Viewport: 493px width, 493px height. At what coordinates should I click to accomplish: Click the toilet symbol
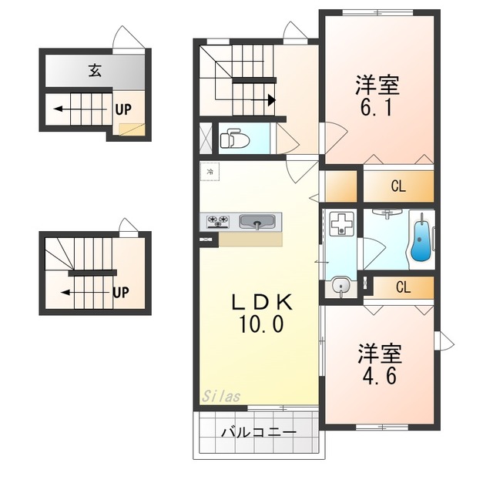[234, 139]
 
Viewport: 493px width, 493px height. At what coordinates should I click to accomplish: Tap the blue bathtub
[421, 241]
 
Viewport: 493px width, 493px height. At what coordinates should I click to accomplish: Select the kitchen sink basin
[257, 222]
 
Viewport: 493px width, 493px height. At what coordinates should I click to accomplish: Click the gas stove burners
[217, 221]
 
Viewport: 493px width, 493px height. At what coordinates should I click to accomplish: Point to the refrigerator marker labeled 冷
[210, 172]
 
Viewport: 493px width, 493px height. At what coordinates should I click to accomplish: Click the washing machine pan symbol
[342, 223]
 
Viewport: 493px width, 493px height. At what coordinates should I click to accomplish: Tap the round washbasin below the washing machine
[340, 286]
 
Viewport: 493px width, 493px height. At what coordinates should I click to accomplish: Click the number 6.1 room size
[377, 109]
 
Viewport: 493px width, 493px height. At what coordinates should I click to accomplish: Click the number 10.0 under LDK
[261, 324]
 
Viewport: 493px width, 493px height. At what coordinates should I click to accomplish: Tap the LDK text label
[262, 303]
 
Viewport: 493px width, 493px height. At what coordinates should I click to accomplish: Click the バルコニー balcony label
[259, 433]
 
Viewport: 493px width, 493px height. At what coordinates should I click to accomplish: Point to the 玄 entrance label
[95, 70]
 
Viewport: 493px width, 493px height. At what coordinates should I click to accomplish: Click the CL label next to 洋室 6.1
[398, 186]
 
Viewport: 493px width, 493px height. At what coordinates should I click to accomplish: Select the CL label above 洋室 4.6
[404, 287]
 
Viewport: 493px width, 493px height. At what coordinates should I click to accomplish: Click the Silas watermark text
[221, 396]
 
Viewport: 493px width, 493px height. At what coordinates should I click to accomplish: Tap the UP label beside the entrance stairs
[123, 109]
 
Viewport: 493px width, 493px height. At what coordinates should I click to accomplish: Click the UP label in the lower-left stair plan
[121, 293]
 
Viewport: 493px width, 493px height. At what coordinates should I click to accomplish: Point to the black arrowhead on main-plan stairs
[272, 100]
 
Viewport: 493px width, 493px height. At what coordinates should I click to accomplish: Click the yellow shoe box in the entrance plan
[132, 129]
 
